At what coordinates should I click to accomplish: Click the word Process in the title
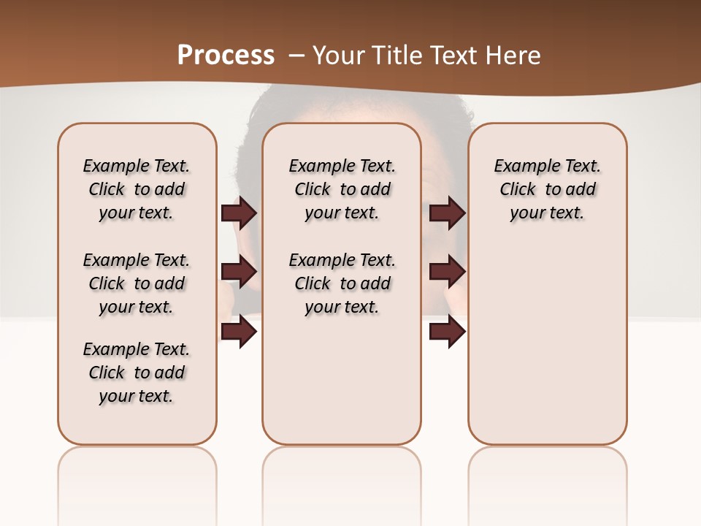click(226, 56)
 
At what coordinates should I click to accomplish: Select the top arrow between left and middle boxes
click(239, 213)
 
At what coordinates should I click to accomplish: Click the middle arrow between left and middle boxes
click(239, 272)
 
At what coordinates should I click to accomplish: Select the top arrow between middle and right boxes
click(447, 213)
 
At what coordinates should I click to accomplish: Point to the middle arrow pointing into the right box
click(447, 272)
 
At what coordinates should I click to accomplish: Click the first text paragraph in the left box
click(136, 189)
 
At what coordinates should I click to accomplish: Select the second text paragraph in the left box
click(136, 283)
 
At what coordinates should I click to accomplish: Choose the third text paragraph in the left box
click(136, 373)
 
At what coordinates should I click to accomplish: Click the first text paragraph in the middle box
click(342, 189)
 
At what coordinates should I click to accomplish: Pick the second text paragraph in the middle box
click(342, 283)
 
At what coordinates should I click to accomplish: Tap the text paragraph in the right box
click(547, 189)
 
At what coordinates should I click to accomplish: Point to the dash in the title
click(296, 56)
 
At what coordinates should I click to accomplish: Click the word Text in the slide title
click(455, 56)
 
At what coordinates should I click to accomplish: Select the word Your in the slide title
click(339, 56)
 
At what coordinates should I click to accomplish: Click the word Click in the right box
click(518, 190)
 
